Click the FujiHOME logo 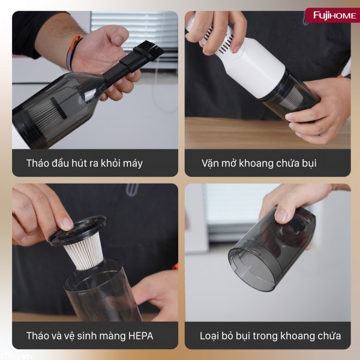coord(331,15)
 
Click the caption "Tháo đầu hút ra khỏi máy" coord(84,163)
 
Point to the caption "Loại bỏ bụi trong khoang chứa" coord(270,335)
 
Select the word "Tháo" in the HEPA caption coord(39,335)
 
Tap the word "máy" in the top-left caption coord(131,163)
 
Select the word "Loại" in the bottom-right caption coord(212,335)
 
